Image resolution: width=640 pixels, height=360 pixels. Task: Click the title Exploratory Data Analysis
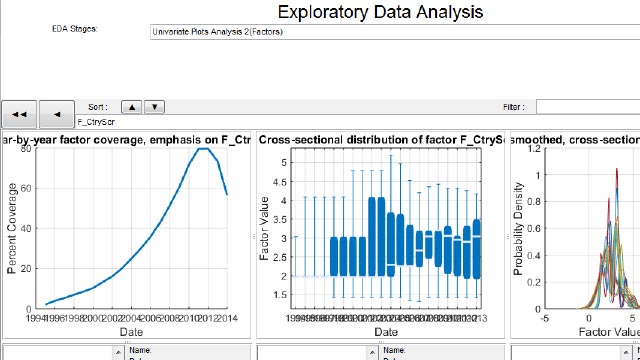tap(379, 13)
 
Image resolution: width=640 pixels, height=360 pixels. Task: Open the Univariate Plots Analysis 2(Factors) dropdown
tap(390, 32)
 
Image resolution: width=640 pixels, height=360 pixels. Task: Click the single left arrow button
tap(57, 114)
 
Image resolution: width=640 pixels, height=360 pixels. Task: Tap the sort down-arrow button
tap(154, 106)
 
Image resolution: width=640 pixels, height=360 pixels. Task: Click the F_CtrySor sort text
tap(95, 121)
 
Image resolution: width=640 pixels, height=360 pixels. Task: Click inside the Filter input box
tap(587, 106)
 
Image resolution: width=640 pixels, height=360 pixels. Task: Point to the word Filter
tap(513, 106)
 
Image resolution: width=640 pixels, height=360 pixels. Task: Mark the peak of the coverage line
tap(204, 149)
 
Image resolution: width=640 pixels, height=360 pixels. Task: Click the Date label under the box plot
tap(386, 330)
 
